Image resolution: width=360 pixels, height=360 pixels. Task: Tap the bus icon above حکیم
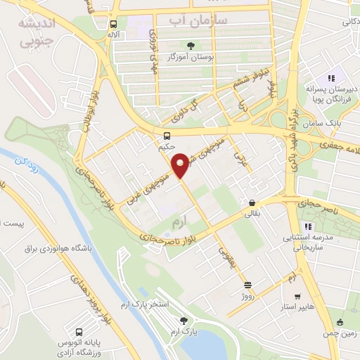pyautogui.click(x=167, y=136)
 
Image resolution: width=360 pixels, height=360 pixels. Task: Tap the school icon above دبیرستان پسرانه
pyautogui.click(x=330, y=79)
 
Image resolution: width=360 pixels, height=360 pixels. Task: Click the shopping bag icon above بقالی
pyautogui.click(x=251, y=202)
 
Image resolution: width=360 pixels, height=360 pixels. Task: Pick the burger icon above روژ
pyautogui.click(x=247, y=285)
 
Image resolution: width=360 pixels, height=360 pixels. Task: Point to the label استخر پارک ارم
pyautogui.click(x=166, y=304)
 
